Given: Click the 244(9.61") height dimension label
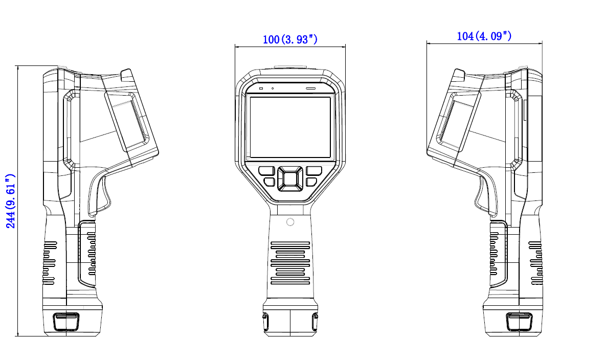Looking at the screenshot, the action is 10,201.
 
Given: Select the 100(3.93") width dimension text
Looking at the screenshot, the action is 290,39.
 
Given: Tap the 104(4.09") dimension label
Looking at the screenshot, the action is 484,36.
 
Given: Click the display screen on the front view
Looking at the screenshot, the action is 290,127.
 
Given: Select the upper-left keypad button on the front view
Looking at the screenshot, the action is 266,171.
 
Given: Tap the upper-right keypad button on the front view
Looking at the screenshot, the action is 314,171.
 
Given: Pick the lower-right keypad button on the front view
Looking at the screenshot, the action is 311,182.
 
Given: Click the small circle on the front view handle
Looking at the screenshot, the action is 290,222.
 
